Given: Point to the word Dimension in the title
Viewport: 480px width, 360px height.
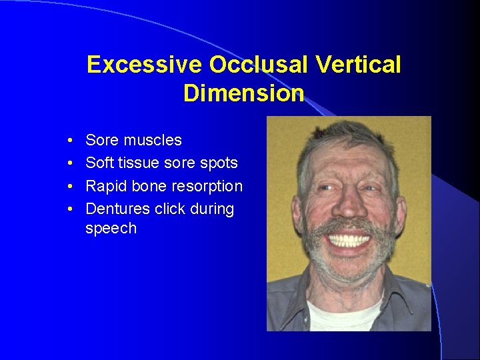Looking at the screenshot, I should [x=243, y=93].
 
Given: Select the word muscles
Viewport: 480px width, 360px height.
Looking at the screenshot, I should [x=152, y=140].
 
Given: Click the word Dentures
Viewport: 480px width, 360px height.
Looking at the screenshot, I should [x=117, y=209].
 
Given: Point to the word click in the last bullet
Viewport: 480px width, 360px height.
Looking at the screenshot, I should [x=169, y=209].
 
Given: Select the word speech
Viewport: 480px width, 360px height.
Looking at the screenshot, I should [x=111, y=229].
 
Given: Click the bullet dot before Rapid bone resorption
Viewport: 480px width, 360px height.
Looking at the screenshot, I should [x=70, y=187].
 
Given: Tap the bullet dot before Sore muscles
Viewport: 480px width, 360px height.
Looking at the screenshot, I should [x=70, y=141].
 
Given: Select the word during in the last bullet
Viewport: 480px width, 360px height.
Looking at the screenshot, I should [x=212, y=209].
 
